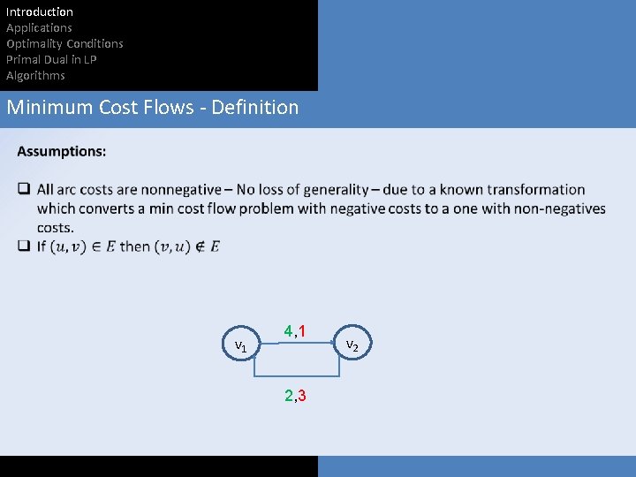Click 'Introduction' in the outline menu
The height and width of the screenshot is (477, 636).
pyautogui.click(x=40, y=11)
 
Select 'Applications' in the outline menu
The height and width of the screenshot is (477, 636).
pyautogui.click(x=39, y=27)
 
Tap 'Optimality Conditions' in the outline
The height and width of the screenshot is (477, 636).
pyautogui.click(x=64, y=43)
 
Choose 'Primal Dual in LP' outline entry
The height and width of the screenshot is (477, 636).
pyautogui.click(x=51, y=59)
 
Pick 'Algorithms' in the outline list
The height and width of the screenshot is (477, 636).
pyautogui.click(x=35, y=75)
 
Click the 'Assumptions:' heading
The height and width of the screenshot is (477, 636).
pyautogui.click(x=62, y=151)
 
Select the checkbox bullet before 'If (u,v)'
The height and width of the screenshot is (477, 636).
pyautogui.click(x=24, y=246)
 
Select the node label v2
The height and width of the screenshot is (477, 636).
pyautogui.click(x=352, y=344)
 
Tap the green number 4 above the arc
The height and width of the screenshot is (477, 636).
pyautogui.click(x=288, y=331)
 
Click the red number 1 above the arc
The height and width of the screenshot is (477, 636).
pyautogui.click(x=302, y=331)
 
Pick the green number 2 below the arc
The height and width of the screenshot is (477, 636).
pyautogui.click(x=288, y=395)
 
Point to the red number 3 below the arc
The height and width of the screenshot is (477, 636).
pyautogui.click(x=302, y=395)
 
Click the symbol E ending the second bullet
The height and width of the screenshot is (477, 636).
pyautogui.click(x=215, y=246)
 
